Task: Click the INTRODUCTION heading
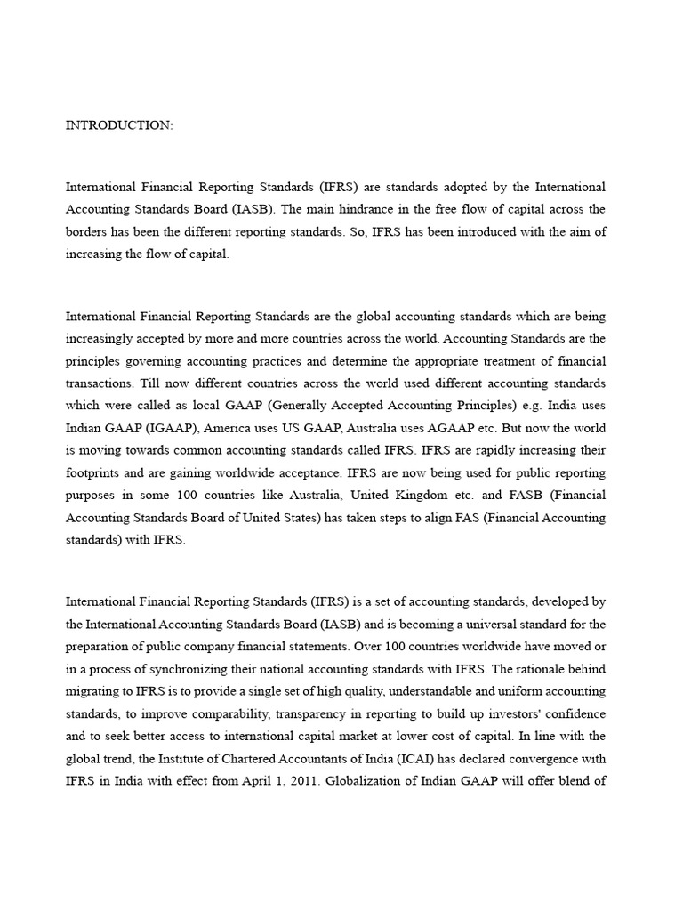119,125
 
